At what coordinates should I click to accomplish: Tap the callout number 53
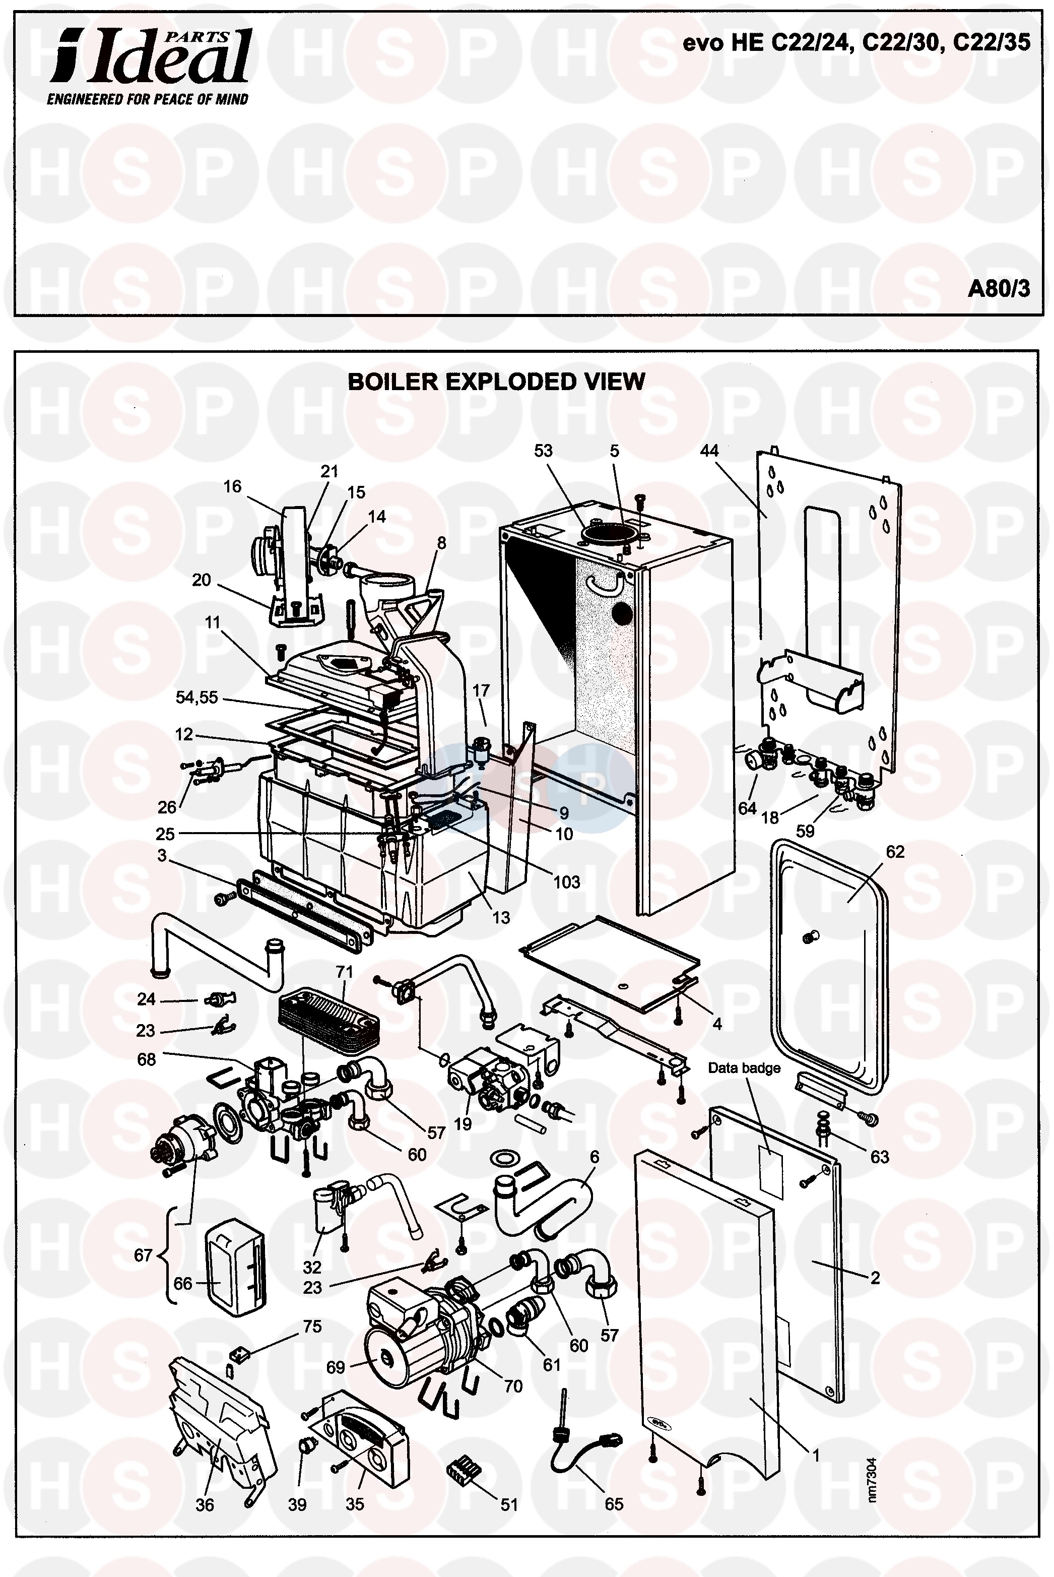click(x=543, y=451)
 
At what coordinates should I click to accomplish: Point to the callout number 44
click(x=710, y=451)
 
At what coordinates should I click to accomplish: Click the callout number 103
click(x=567, y=882)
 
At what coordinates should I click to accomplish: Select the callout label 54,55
click(x=197, y=698)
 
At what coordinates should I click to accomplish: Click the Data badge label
click(x=744, y=1068)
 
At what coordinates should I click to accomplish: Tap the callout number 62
click(x=895, y=852)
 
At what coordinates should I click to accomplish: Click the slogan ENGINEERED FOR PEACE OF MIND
click(x=147, y=99)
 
